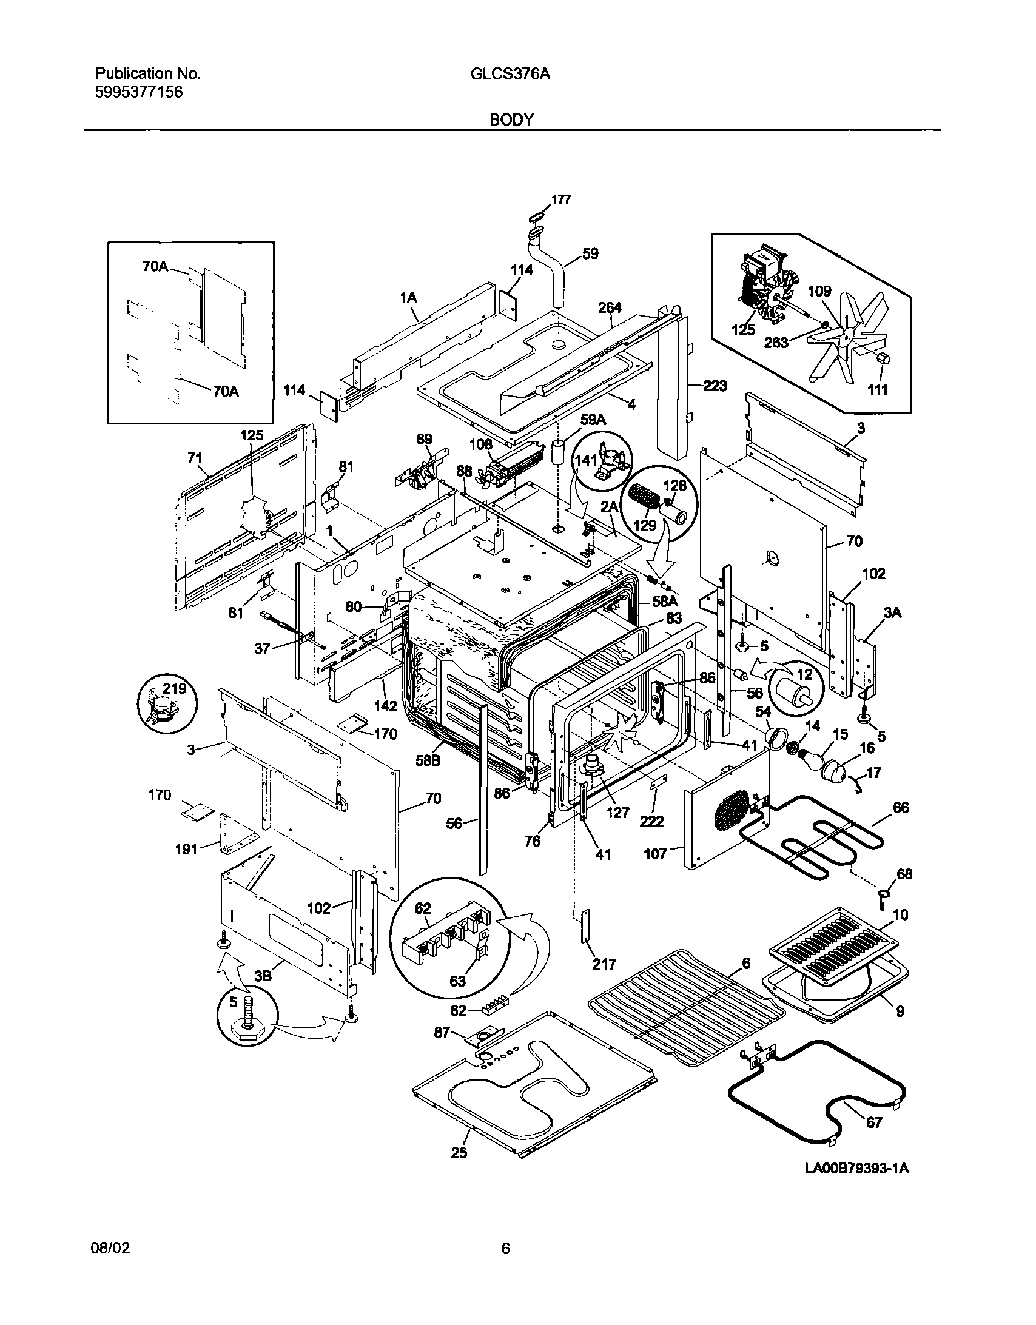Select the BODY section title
coord(511,120)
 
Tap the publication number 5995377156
coord(138,93)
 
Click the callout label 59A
coord(593,420)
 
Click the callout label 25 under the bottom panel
coord(459,1153)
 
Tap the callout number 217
coord(604,964)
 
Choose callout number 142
coord(385,706)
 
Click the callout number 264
coord(610,308)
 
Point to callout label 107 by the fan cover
coord(656,854)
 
